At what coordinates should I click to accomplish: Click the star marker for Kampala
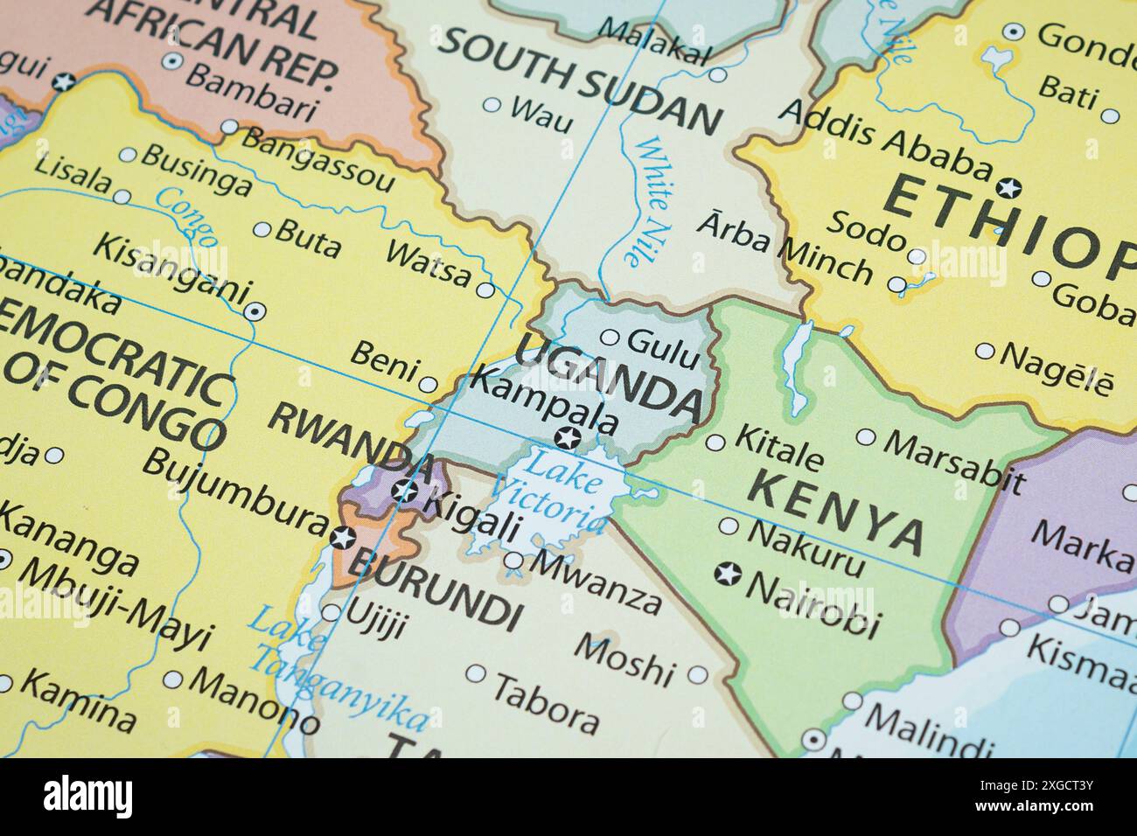point(569,438)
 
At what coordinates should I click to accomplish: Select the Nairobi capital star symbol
point(727,575)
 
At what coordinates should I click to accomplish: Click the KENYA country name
point(835,511)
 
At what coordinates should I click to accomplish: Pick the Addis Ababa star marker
point(1008,187)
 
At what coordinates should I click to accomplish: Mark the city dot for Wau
point(492,106)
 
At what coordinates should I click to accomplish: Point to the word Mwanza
point(596,581)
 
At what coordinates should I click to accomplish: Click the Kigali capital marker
point(403,491)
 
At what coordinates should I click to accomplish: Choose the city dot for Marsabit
point(865,436)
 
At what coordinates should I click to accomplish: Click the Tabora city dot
point(476,674)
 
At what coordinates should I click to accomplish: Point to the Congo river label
point(186,218)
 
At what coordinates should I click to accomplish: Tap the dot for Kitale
point(715,442)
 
